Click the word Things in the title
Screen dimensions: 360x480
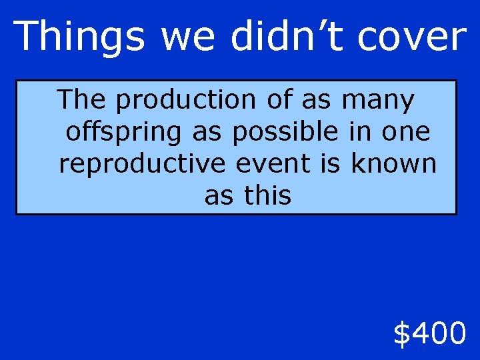[79, 36]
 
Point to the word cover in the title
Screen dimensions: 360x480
[411, 36]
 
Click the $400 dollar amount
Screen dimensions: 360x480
[429, 333]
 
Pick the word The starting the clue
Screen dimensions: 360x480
[81, 100]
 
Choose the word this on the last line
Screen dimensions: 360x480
[268, 196]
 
